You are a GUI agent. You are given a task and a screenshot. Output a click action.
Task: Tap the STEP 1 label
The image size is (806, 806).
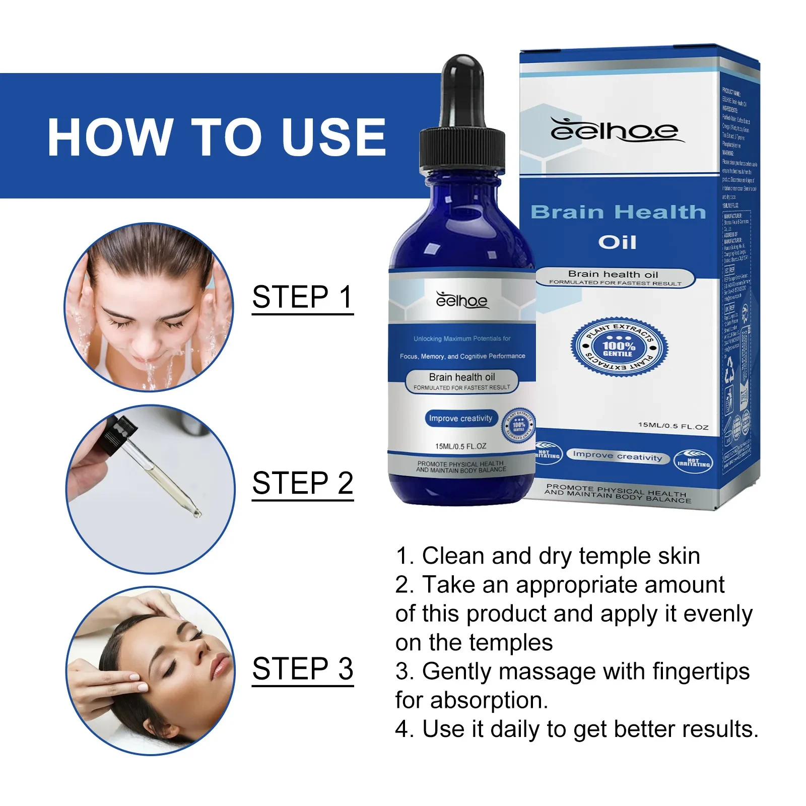coord(302,297)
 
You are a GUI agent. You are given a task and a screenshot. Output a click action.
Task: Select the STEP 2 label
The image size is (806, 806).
coord(302,483)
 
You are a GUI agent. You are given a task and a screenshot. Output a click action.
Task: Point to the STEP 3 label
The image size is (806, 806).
coord(302,669)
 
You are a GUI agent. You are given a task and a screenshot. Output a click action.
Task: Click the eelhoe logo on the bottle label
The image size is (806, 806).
coord(461,300)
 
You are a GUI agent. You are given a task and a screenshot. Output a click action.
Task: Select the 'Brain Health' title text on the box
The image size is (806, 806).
coord(618,213)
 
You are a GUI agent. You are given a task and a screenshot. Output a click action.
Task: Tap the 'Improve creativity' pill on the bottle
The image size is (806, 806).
coord(460,419)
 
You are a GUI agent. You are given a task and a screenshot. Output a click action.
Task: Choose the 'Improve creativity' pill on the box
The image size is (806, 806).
coord(617,456)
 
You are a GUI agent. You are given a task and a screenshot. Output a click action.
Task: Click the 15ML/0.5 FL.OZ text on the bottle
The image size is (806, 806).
coord(460,446)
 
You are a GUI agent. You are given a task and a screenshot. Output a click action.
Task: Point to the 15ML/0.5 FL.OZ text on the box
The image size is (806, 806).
coord(673,426)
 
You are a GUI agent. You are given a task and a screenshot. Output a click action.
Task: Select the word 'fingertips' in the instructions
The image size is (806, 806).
coord(701,671)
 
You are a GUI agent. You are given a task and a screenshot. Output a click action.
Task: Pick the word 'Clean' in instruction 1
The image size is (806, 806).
coord(453,556)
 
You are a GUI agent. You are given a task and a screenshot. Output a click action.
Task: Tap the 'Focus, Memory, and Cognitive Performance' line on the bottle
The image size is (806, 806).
coord(462,356)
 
